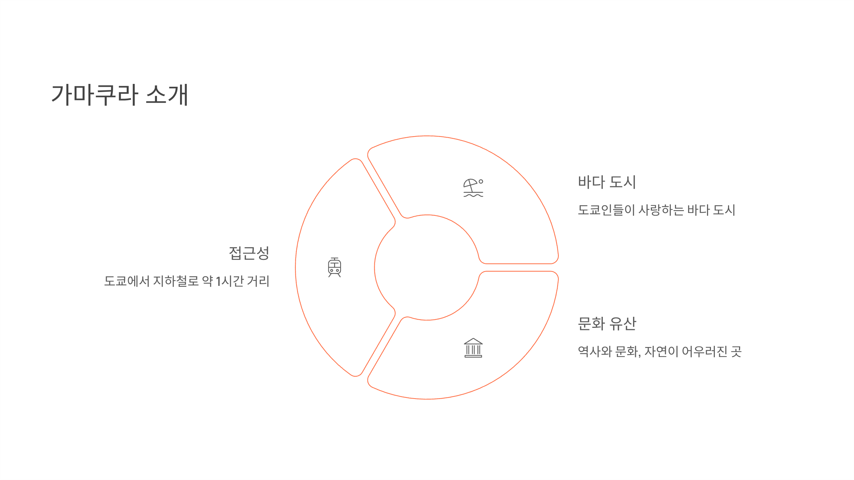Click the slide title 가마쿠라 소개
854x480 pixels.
coord(120,95)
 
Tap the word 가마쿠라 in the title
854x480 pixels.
coord(94,95)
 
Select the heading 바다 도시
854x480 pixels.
coord(607,182)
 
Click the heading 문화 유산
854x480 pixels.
coord(607,324)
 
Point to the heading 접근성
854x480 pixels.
coord(249,253)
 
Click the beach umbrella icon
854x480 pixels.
coord(473,188)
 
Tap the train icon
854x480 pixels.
coord(334,267)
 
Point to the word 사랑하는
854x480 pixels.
coord(661,210)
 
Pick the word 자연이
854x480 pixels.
coord(661,352)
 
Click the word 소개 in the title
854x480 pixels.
coord(167,95)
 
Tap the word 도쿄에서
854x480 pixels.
coord(127,281)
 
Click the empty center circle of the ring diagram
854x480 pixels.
coord(427,267)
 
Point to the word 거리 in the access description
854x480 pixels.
coord(258,281)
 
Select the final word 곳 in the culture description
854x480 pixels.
coord(736,352)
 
